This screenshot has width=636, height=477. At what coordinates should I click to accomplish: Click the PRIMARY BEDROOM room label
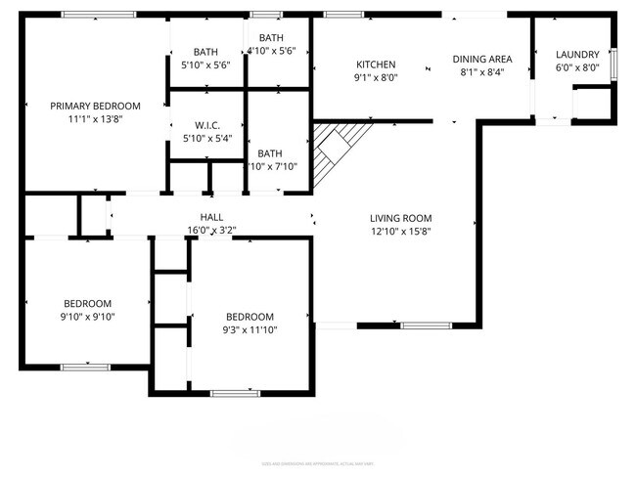(96, 106)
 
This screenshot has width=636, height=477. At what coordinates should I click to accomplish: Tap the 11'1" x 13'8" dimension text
(96, 118)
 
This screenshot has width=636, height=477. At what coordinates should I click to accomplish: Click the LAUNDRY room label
(576, 54)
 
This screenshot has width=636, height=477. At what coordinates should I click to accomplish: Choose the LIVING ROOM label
(400, 218)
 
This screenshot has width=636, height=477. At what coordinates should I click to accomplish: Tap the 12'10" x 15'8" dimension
(400, 231)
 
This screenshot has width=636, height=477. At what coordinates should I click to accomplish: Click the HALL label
(212, 217)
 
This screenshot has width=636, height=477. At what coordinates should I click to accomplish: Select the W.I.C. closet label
(206, 125)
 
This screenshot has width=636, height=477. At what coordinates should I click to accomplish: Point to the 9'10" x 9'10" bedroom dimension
(88, 316)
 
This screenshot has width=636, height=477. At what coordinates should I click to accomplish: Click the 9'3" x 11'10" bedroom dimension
(250, 329)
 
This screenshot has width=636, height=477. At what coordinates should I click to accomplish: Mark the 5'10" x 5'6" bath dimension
(205, 65)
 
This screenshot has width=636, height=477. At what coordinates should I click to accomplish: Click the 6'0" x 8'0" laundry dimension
(576, 66)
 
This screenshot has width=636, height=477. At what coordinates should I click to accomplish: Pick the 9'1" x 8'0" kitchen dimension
(375, 77)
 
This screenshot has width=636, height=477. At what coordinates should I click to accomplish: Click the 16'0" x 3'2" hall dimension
(212, 230)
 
